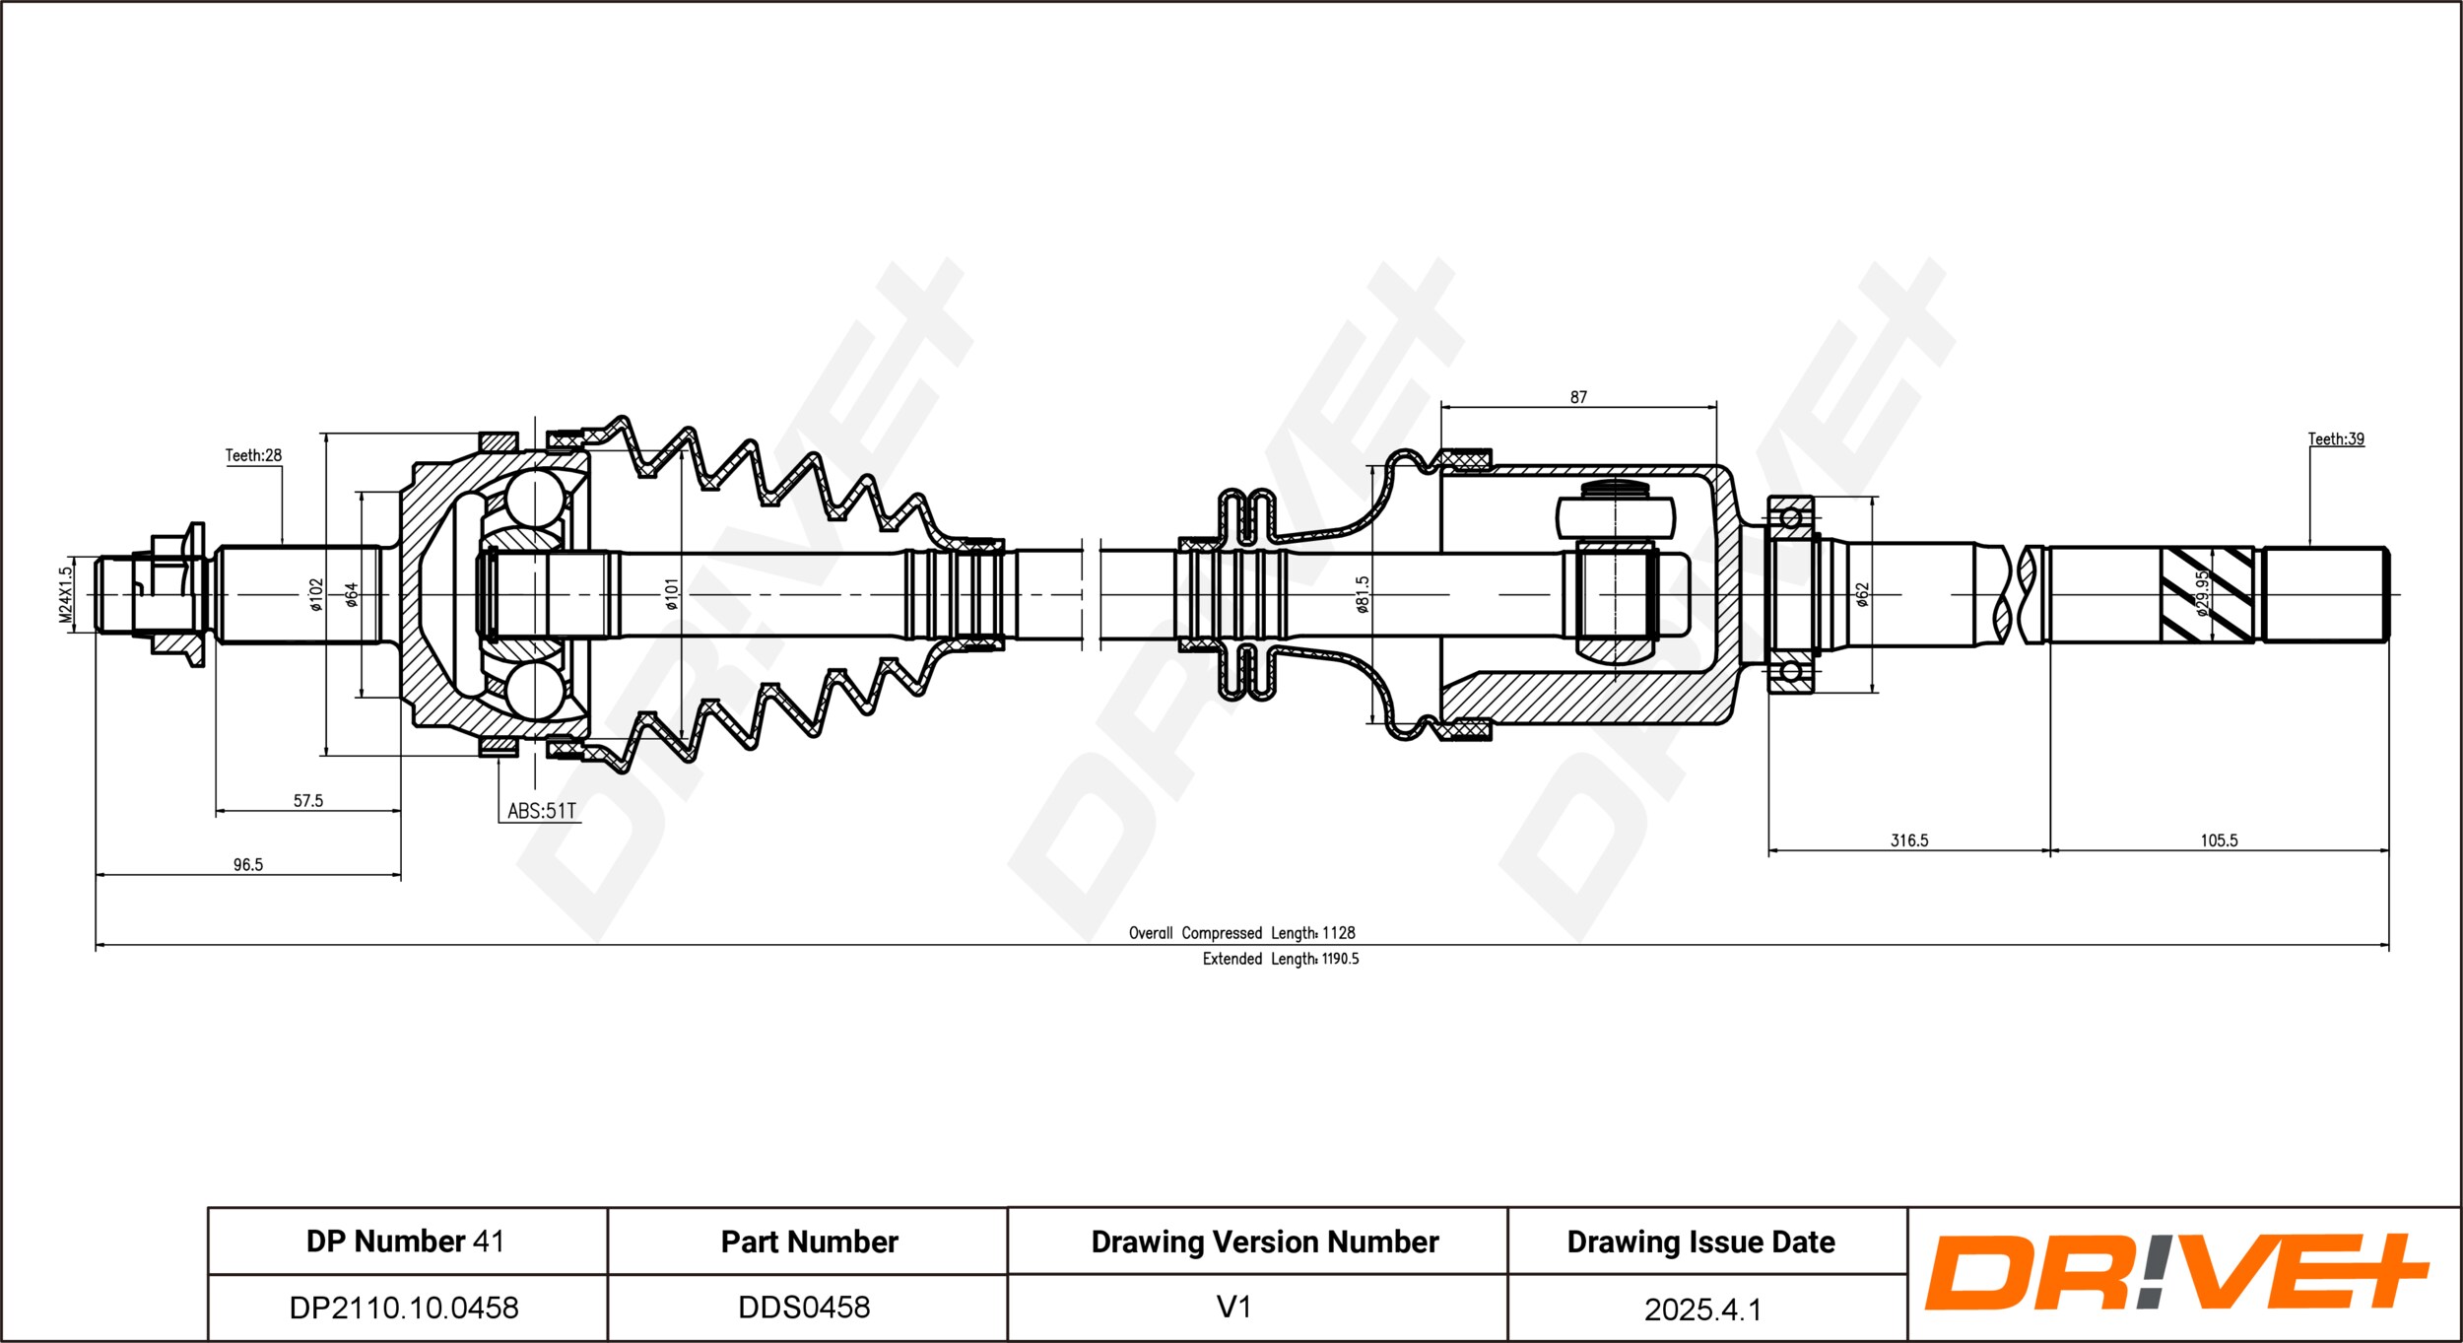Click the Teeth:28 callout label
253,455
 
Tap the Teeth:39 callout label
2336,438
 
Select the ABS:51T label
541,811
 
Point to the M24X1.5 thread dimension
66,594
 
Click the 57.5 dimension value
308,801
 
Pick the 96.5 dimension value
248,865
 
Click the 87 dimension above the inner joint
1578,397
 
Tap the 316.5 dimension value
1909,840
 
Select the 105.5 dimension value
2220,840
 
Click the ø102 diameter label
316,594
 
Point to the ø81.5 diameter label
1363,594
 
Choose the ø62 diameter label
1862,594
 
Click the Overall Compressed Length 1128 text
1241,933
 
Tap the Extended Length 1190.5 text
1280,959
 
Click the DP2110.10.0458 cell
404,1308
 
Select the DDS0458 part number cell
804,1308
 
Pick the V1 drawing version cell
1233,1308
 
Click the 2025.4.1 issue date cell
1702,1309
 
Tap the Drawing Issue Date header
1701,1242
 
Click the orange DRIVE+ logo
2177,1272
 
